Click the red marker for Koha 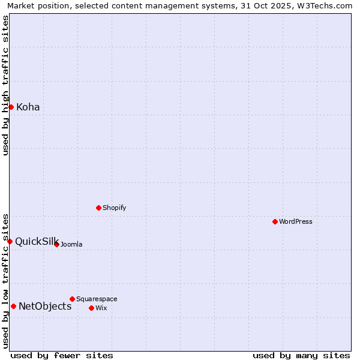11,107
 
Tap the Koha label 28,107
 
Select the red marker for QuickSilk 10,241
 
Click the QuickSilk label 36,241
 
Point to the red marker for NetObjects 13,306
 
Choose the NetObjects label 45,307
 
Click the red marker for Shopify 98,208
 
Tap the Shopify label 114,208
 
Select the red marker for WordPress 275,221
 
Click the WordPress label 295,222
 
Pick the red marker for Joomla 56,244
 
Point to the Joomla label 71,245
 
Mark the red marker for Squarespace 72,299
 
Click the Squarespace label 97,299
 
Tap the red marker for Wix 91,308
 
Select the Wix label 101,308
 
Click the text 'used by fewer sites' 61,355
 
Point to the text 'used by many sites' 301,355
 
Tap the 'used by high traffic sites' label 5,85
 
